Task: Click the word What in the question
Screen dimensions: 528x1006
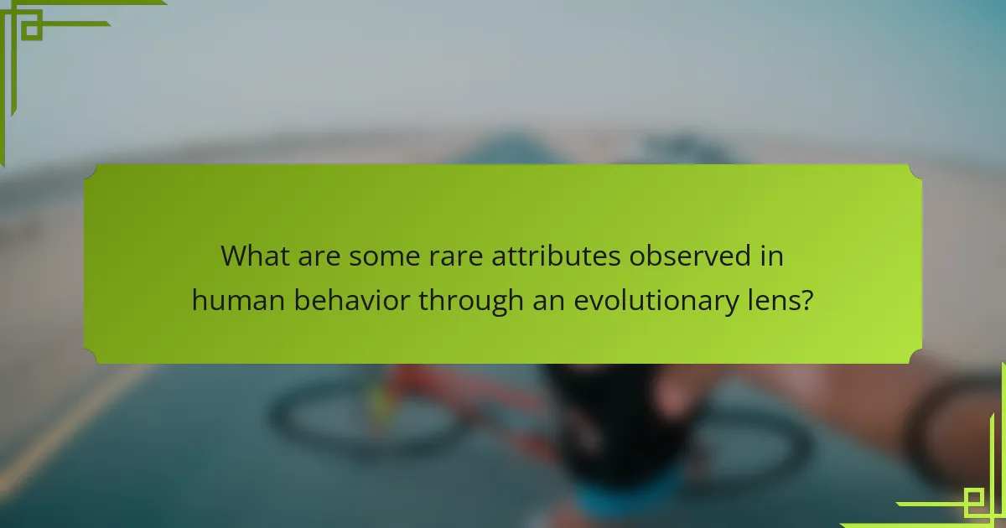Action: pyautogui.click(x=254, y=256)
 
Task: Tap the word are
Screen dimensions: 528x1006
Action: pyautogui.click(x=318, y=256)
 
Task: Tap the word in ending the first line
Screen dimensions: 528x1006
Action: pyautogui.click(x=773, y=256)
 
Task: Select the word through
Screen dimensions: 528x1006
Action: pyautogui.click(x=472, y=300)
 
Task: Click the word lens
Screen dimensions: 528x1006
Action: pyautogui.click(x=770, y=300)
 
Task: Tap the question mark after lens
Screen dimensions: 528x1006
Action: pyautogui.click(x=806, y=300)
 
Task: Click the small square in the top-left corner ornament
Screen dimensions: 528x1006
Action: pyautogui.click(x=31, y=29)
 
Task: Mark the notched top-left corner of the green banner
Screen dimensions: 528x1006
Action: pyautogui.click(x=91, y=171)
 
